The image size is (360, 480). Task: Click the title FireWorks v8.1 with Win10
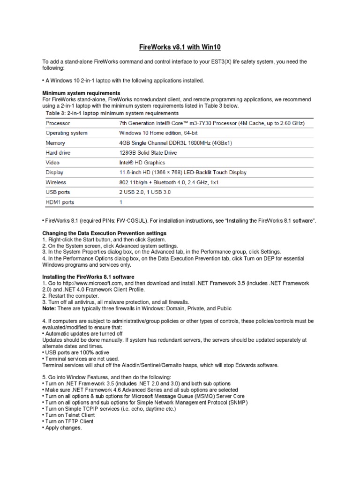point(180,47)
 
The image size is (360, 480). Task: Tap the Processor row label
point(58,123)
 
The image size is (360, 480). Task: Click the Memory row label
point(55,143)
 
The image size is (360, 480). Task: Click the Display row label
point(54,172)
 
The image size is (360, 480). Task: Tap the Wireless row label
point(56,182)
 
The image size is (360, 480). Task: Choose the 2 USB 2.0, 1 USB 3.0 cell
point(147,192)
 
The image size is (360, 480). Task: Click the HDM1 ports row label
point(60,202)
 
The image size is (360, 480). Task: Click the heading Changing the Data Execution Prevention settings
point(104,233)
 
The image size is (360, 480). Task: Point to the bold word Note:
point(50,308)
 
